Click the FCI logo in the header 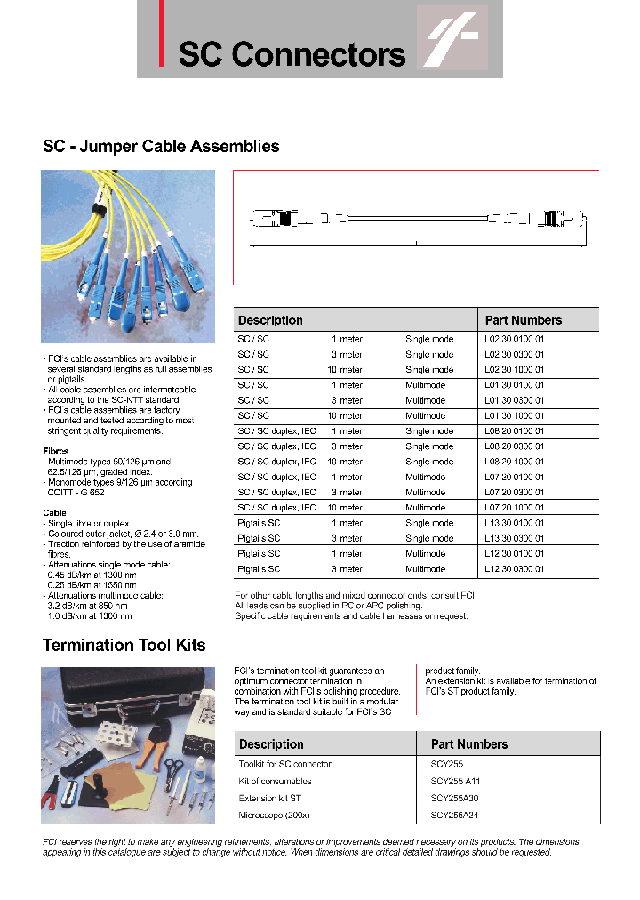pyautogui.click(x=453, y=38)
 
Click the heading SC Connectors pyautogui.click(x=292, y=54)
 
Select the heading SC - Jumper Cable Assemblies pyautogui.click(x=161, y=147)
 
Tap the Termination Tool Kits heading pyautogui.click(x=124, y=645)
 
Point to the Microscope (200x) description pyautogui.click(x=274, y=816)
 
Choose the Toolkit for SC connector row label pyautogui.click(x=284, y=764)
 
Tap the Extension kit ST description pyautogui.click(x=269, y=799)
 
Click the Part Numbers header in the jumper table pyautogui.click(x=523, y=320)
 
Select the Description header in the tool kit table pyautogui.click(x=271, y=744)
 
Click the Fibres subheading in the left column pyautogui.click(x=56, y=451)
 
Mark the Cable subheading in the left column pyautogui.click(x=54, y=513)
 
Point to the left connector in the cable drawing pyautogui.click(x=284, y=217)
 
